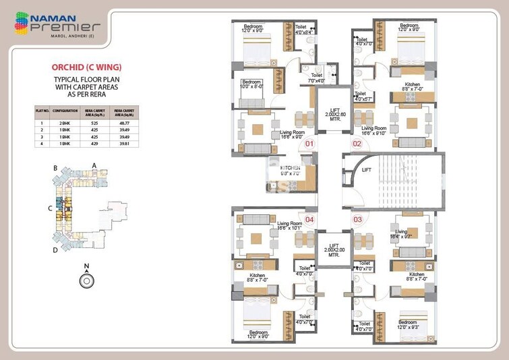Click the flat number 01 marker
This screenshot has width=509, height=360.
click(x=309, y=144)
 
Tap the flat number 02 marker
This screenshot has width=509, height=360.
click(x=357, y=144)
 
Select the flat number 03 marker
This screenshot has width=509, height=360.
click(x=357, y=219)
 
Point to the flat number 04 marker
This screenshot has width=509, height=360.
click(x=309, y=219)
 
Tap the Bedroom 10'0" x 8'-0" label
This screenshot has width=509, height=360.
click(x=253, y=84)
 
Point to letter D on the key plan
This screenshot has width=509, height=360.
click(x=55, y=249)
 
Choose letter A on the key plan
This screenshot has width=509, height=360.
click(x=94, y=165)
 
